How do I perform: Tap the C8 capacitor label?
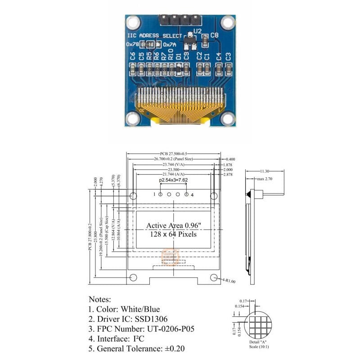(214, 34)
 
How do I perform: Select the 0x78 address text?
(133, 45)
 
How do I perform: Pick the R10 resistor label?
(171, 55)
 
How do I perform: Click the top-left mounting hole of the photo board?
(133, 22)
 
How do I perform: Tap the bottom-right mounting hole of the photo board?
(228, 118)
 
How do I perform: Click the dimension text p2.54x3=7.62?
(173, 180)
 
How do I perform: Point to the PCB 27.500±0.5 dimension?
(173, 154)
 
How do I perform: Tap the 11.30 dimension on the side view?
(265, 171)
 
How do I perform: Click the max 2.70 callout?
(265, 179)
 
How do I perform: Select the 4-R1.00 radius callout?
(229, 281)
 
